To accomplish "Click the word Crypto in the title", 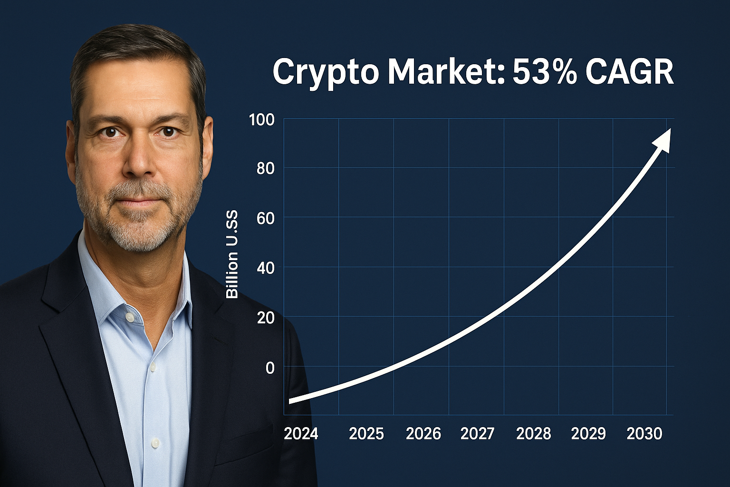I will [326, 72].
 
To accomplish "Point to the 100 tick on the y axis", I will [262, 119].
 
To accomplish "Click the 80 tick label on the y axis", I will [266, 168].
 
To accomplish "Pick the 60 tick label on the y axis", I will [266, 218].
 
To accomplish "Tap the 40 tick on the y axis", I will [266, 268].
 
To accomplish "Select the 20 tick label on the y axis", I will [266, 318].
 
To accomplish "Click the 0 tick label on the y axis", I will [270, 368].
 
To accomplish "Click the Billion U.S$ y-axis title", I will [232, 255].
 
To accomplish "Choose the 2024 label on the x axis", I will [301, 434].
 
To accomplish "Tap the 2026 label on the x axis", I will [423, 434].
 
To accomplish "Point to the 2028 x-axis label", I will [533, 434].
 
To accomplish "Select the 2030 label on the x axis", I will [644, 434].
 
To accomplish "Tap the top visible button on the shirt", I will [128, 317].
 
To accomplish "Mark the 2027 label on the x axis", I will [478, 434].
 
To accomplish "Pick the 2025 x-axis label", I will [366, 434].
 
